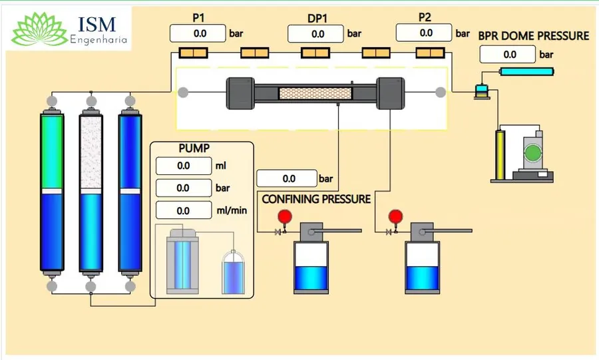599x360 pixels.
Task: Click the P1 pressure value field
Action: click(x=198, y=33)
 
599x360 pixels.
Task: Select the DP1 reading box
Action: click(x=315, y=34)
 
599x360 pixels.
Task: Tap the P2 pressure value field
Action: click(x=424, y=33)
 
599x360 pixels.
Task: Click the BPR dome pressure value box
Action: click(x=508, y=54)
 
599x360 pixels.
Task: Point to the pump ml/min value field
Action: click(x=184, y=210)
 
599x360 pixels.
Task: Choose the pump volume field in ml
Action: click(x=184, y=166)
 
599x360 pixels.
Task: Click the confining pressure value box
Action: click(x=287, y=178)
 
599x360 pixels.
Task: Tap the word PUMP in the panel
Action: click(x=194, y=148)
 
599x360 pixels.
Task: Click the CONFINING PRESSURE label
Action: click(x=316, y=199)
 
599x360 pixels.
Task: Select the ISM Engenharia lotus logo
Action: click(x=39, y=29)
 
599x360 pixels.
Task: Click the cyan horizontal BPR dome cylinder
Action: click(x=527, y=71)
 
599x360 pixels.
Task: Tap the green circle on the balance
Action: click(x=532, y=154)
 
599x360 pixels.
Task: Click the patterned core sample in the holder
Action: click(x=315, y=94)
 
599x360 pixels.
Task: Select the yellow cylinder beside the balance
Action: click(x=500, y=155)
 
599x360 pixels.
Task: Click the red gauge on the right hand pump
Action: click(x=395, y=216)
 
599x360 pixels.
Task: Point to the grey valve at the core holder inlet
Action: click(x=184, y=92)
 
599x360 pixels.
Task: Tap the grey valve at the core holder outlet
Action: click(x=441, y=92)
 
